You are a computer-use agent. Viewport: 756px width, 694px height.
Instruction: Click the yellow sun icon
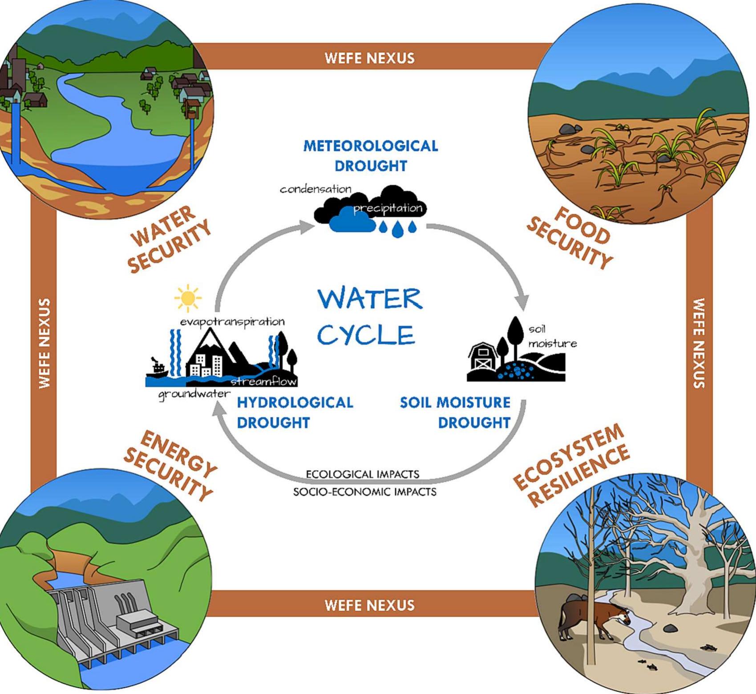coord(188,297)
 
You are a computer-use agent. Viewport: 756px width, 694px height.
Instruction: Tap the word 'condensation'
coord(315,189)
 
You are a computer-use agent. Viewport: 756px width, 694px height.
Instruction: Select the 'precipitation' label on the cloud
coord(388,208)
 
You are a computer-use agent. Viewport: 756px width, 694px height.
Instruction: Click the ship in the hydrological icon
coord(157,368)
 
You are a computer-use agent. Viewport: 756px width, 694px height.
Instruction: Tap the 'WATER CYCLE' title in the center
coord(369,317)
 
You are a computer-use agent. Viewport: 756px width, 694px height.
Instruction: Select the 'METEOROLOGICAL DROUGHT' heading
coord(371,156)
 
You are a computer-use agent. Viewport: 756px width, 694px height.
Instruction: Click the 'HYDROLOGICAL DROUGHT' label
coord(295,412)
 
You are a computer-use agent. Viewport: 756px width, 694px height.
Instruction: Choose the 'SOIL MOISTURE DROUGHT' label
coord(455,412)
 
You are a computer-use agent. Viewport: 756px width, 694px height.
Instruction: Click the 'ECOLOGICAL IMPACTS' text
coord(363,474)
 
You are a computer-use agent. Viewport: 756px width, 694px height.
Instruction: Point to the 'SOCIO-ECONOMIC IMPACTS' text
coord(364,492)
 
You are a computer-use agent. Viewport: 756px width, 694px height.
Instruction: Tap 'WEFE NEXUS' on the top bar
coord(369,58)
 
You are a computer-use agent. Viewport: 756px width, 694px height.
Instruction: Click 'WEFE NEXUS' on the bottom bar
coord(369,605)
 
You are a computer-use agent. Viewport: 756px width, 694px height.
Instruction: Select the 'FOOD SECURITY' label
coord(570,238)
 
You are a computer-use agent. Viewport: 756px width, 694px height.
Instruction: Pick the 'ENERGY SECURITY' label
coord(170,465)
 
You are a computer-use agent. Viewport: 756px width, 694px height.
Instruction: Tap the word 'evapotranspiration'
coord(232,321)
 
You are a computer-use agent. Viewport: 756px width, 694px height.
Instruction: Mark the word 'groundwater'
coord(194,394)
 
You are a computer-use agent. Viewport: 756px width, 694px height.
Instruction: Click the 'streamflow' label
coord(263,381)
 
